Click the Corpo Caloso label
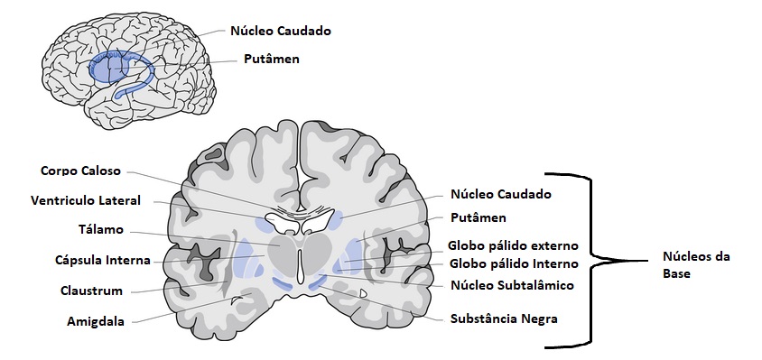[x=80, y=171]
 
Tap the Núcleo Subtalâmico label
[x=511, y=286]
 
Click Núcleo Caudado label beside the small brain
[x=281, y=31]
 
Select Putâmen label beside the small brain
[x=271, y=60]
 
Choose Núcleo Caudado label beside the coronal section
[x=499, y=194]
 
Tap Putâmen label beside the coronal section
[x=478, y=218]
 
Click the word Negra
[x=539, y=318]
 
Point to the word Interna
[x=130, y=261]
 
